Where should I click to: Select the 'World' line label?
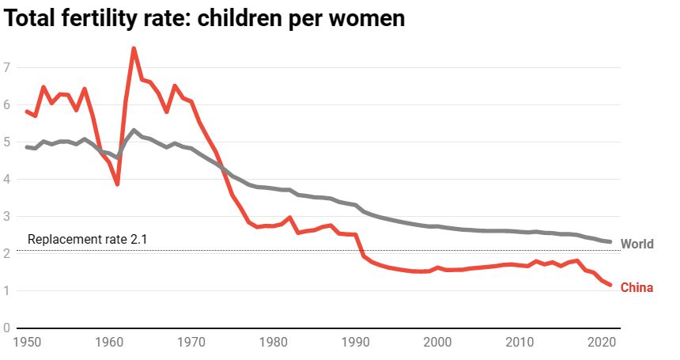click(x=637, y=244)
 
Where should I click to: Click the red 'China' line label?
click(x=637, y=287)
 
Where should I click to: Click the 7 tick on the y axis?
click(x=7, y=67)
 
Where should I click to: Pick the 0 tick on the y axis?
click(x=7, y=328)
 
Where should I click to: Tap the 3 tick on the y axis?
click(x=7, y=216)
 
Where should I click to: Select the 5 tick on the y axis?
click(x=7, y=142)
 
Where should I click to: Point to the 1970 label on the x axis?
click(x=191, y=343)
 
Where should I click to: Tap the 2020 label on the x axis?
click(x=601, y=343)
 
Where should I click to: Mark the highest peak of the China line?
click(x=134, y=48)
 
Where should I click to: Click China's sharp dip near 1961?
click(x=117, y=184)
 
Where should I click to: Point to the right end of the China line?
click(x=610, y=285)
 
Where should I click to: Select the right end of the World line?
click(x=610, y=241)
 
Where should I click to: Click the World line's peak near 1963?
click(x=134, y=130)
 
